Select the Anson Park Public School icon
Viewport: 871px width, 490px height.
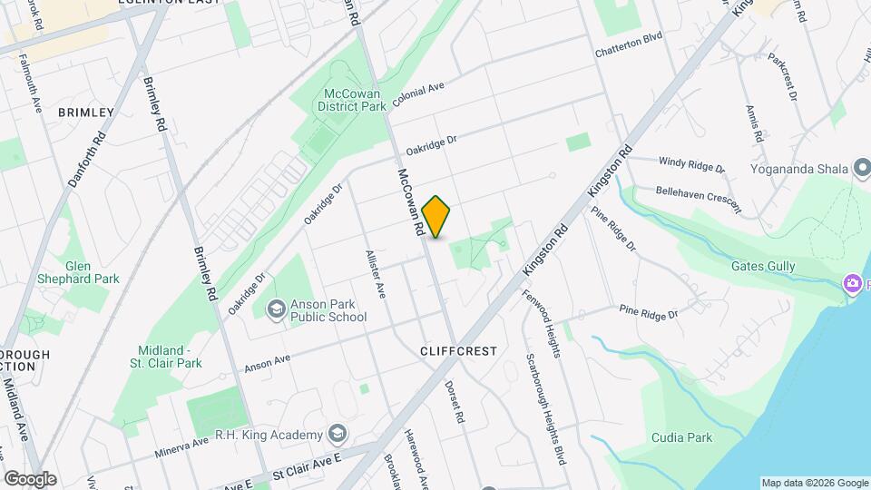pos(275,310)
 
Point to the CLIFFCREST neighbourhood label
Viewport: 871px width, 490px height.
pos(460,349)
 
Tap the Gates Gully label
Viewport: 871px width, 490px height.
pos(762,266)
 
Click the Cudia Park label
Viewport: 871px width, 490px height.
pos(681,438)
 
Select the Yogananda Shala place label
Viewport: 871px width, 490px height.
pos(798,169)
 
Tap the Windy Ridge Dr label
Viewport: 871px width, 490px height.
pos(692,165)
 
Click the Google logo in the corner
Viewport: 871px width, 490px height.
pos(29,478)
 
